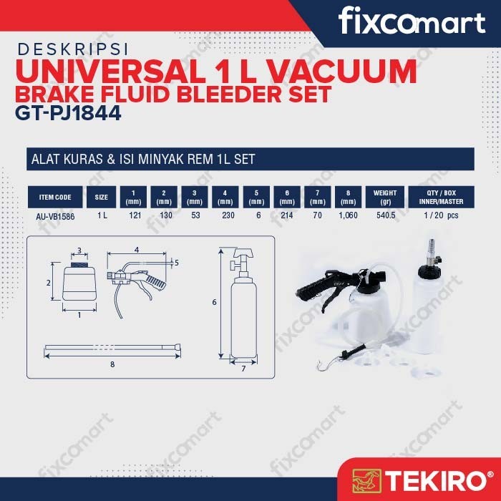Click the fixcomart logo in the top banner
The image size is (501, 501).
pos(412,21)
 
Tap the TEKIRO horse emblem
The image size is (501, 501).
pos(366,481)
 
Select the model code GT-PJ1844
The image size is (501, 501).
pos(68,113)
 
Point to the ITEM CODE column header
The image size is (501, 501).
pos(55,197)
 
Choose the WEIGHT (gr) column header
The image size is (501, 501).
pos(385,197)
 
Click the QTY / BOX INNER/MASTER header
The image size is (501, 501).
pos(442,197)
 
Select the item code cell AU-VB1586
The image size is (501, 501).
pos(55,217)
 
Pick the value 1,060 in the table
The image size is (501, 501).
pos(348,215)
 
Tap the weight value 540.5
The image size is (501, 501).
pos(386,215)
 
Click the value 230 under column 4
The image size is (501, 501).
pos(228,215)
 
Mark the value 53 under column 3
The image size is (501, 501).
pos(195,215)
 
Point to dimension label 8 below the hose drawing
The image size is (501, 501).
pos(112,364)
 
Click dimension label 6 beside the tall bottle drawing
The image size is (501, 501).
pos(214,302)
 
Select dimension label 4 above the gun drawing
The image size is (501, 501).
pos(137,250)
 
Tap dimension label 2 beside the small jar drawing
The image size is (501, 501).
pos(48,283)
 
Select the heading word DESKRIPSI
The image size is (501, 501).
pos(73,49)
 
